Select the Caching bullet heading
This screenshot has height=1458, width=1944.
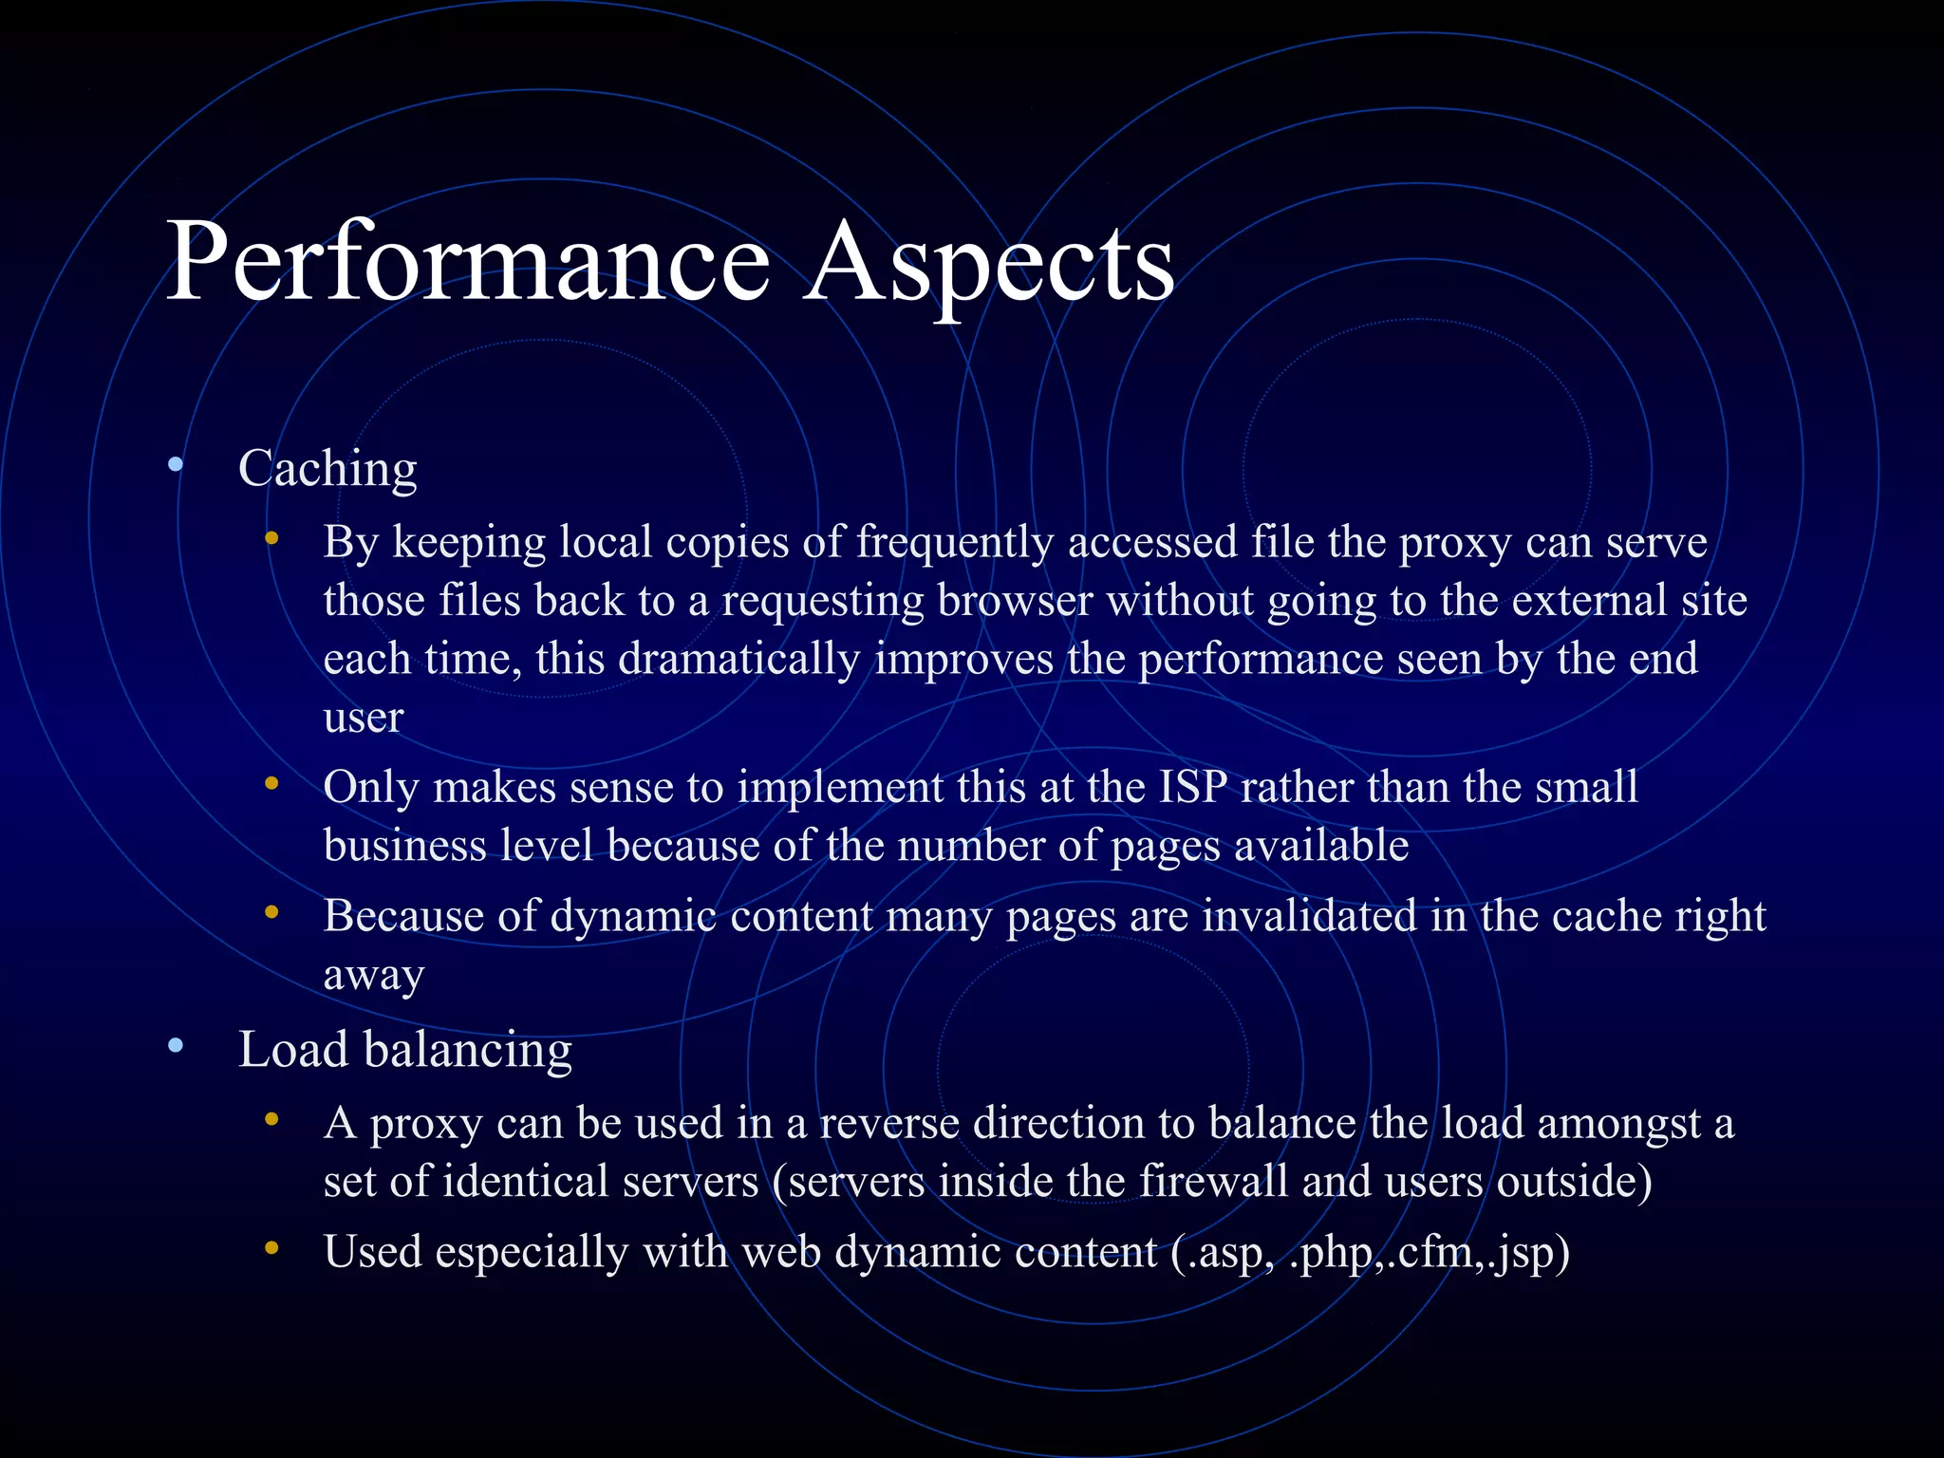click(327, 469)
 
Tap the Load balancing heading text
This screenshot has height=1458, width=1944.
click(405, 1051)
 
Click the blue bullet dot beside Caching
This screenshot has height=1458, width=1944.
click(175, 465)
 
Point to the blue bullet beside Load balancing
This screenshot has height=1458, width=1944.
click(175, 1046)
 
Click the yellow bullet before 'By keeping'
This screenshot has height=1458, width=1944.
click(272, 539)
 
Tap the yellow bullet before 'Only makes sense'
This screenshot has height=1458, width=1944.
click(272, 784)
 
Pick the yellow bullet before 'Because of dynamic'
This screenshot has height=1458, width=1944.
click(272, 913)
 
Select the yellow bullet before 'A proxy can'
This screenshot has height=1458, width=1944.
click(272, 1120)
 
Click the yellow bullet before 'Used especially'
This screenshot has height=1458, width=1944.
click(272, 1249)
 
